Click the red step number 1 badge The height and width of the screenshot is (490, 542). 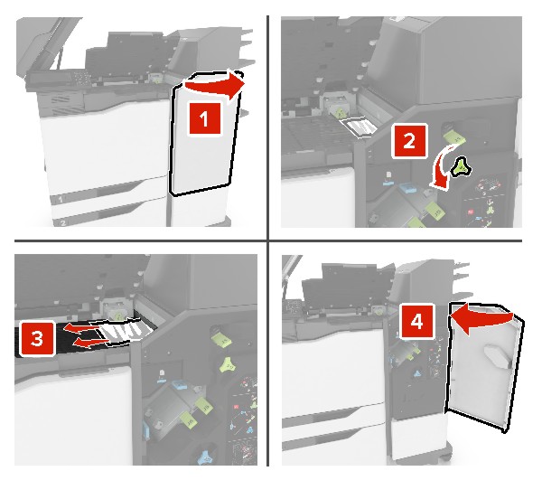coord(204,118)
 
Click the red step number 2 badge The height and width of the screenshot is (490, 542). coord(409,141)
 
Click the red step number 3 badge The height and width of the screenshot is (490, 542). coord(37,338)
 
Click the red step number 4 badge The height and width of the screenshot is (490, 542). coord(416,322)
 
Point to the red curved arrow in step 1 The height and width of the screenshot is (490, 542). coord(214,87)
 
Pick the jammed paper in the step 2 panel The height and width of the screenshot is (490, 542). coord(359,127)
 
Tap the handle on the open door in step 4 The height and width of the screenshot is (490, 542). coord(499,357)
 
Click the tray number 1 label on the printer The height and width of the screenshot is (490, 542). coord(61,199)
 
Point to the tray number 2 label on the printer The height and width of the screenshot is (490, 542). coord(62,223)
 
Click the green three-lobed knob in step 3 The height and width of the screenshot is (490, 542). coord(229,364)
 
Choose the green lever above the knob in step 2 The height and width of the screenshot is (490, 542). coord(455,137)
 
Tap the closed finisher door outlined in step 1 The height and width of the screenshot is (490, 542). coord(204,135)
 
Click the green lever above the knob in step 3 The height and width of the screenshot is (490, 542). coord(221,338)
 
